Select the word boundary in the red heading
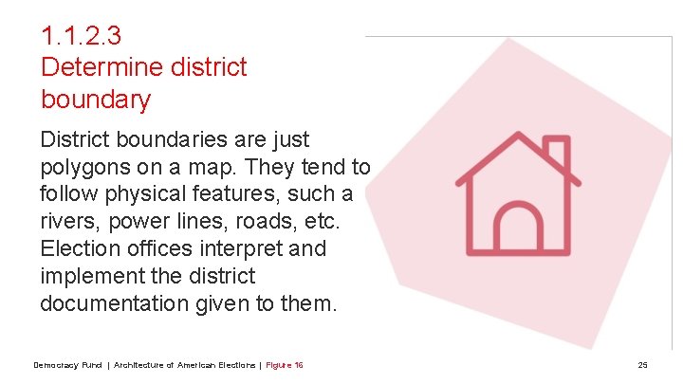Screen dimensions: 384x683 (x=96, y=99)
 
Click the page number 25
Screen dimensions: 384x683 (x=642, y=366)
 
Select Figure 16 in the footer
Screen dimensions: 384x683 (x=285, y=366)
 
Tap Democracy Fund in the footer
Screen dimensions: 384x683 (x=67, y=366)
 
